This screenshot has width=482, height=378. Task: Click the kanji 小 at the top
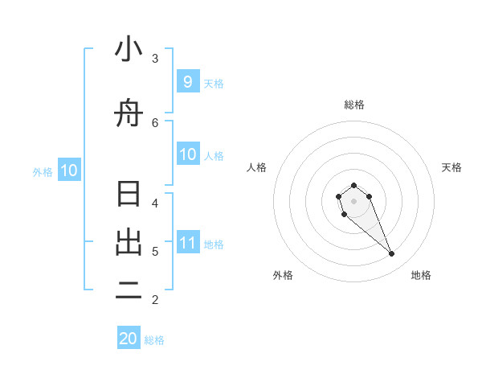[x=129, y=50]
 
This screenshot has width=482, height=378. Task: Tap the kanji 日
[x=129, y=195]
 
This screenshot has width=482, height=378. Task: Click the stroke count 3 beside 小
[x=155, y=58]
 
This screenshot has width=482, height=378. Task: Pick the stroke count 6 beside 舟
[x=155, y=122]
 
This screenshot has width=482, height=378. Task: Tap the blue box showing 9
[x=187, y=82]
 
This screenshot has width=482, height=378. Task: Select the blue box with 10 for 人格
[x=187, y=154]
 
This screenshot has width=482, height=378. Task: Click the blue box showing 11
[x=187, y=243]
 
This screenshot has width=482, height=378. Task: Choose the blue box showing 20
[x=129, y=339]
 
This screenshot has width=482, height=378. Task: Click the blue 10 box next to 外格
[x=68, y=171]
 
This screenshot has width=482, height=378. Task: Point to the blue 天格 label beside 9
[x=214, y=83]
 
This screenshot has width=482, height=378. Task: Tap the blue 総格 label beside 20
[x=154, y=340]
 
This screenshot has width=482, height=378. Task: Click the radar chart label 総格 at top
[x=354, y=105]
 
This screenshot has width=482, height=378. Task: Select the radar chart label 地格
[x=421, y=275]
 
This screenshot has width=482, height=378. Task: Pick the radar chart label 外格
[x=283, y=275]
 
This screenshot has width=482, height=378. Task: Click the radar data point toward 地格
[x=391, y=253]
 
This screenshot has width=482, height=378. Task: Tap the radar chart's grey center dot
[x=353, y=200]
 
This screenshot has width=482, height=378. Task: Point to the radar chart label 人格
[x=257, y=167]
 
